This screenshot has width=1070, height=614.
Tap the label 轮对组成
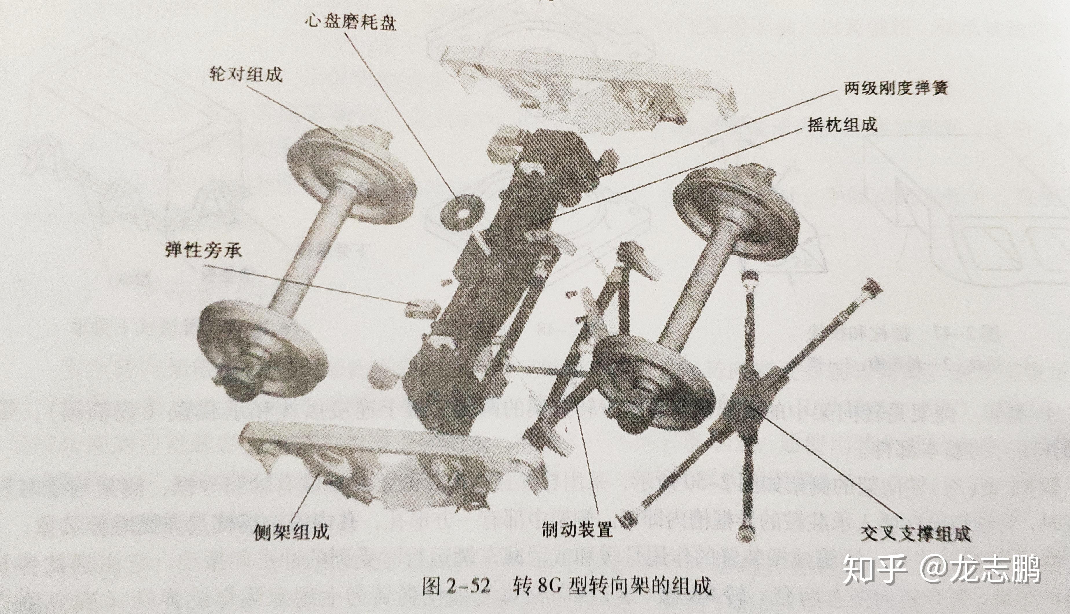coord(245,75)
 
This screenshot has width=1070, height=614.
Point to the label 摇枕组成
coord(842,124)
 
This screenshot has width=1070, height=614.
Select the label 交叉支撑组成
coord(915,534)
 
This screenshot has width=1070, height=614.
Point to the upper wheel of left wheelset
coord(350,177)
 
